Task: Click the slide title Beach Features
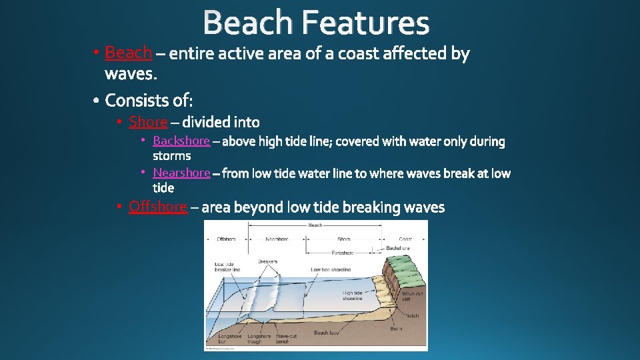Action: pos(316,23)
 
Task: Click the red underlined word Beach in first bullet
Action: pos(129,52)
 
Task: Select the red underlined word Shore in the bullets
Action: pos(148,121)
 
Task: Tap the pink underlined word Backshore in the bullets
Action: pos(181,141)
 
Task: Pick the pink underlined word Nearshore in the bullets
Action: pos(181,173)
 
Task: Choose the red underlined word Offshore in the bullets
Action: pos(158,207)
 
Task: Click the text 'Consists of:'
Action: pos(149,100)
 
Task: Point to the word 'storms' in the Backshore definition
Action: pos(172,156)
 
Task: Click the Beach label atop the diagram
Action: pos(315,225)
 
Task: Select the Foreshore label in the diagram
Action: pos(343,253)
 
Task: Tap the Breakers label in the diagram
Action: pos(267,261)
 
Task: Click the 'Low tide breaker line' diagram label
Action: pos(227,266)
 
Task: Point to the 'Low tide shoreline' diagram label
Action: pos(330,269)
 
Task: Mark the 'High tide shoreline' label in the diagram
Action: pos(353,295)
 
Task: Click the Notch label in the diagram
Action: pos(412,315)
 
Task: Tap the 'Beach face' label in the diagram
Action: pos(326,333)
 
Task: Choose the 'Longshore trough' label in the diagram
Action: pos(259,339)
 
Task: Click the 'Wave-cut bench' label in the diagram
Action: pos(287,339)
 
